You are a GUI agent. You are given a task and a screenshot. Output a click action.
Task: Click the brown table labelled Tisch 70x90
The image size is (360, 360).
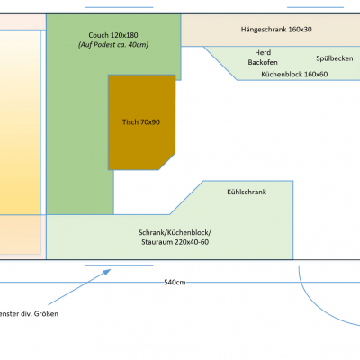[x=141, y=122]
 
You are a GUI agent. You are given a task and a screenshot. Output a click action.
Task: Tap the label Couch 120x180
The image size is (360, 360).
[x=113, y=35]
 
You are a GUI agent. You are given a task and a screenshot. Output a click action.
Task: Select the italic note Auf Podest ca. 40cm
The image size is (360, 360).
[x=113, y=45]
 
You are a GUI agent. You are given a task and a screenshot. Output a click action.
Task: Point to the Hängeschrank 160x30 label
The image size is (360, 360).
[x=276, y=30]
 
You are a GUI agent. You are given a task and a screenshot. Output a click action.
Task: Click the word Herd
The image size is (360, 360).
[x=263, y=52]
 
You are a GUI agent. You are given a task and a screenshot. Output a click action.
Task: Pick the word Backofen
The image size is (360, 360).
[x=263, y=62]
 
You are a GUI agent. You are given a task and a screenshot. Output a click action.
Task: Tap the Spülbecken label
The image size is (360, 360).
[x=335, y=58]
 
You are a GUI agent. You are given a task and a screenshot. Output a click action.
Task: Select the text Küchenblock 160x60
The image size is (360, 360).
[x=294, y=74]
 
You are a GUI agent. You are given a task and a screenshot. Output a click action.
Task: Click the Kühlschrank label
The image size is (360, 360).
[x=247, y=192]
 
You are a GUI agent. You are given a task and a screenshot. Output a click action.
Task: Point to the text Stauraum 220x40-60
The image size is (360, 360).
[x=175, y=242]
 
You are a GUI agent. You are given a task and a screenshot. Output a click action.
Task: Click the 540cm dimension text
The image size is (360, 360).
[x=175, y=283]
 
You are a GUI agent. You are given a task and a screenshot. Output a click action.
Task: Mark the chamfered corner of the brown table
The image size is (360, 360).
[x=166, y=162]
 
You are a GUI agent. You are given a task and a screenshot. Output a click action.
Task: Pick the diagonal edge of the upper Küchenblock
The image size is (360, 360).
[x=220, y=63]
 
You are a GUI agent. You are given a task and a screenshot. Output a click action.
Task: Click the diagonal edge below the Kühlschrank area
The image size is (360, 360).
[x=186, y=198]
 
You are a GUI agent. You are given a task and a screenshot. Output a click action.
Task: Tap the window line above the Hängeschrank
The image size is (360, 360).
[x=315, y=7]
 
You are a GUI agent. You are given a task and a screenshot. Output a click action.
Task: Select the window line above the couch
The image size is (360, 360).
[x=120, y=7]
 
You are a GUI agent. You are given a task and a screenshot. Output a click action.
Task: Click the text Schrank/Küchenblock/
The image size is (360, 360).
[x=175, y=232]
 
